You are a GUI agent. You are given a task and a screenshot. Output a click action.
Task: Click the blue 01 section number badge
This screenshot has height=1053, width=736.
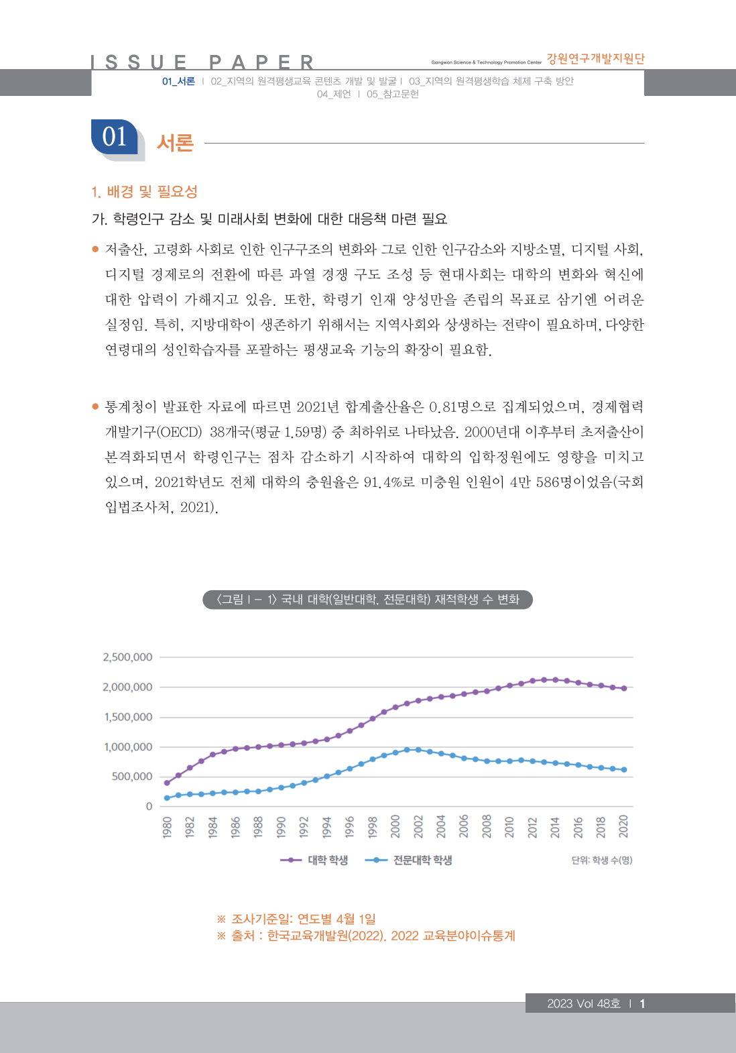click(115, 137)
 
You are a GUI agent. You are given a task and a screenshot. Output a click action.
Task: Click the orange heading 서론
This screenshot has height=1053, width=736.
click(175, 143)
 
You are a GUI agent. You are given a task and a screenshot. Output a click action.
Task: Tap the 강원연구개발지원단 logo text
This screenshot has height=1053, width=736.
click(595, 59)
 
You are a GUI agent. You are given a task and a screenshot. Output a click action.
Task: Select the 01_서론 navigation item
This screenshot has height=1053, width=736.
click(178, 81)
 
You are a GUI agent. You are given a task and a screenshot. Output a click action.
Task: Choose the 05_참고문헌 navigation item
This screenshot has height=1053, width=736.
click(392, 94)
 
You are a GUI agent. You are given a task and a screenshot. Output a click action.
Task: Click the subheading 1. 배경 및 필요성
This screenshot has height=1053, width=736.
click(144, 192)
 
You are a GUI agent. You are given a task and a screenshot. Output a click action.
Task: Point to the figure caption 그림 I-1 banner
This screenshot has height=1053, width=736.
click(367, 599)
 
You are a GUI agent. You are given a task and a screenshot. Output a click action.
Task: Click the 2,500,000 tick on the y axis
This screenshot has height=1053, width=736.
click(127, 657)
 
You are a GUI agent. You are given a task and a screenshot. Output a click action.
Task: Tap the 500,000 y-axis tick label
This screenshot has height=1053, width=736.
click(132, 777)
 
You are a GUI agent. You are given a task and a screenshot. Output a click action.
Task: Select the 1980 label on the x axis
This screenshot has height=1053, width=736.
click(168, 827)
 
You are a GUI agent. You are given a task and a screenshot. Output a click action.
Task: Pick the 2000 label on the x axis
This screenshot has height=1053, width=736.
click(395, 827)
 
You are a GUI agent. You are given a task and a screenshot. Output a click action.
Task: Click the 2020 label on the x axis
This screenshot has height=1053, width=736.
click(623, 827)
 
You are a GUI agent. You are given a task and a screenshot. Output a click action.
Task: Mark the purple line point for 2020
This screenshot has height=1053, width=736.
click(624, 688)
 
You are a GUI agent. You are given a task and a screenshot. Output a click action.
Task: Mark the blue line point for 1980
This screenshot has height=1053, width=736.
click(167, 798)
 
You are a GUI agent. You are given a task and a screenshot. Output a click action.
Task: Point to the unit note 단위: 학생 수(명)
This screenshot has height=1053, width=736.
click(601, 860)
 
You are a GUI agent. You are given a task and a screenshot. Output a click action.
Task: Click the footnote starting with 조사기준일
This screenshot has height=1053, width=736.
click(296, 919)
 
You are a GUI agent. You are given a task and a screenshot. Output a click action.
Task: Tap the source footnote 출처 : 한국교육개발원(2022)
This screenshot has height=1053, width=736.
click(366, 936)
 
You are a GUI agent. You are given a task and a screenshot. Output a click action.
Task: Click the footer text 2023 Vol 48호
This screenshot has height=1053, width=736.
click(583, 1003)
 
